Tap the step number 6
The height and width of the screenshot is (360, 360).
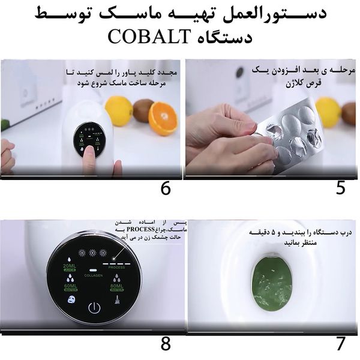[x=166, y=188]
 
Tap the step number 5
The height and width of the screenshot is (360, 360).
[x=340, y=188]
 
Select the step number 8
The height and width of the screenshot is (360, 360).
[x=166, y=344]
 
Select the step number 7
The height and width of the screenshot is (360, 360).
[x=340, y=344]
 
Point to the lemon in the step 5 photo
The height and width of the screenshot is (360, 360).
[x=328, y=112]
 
